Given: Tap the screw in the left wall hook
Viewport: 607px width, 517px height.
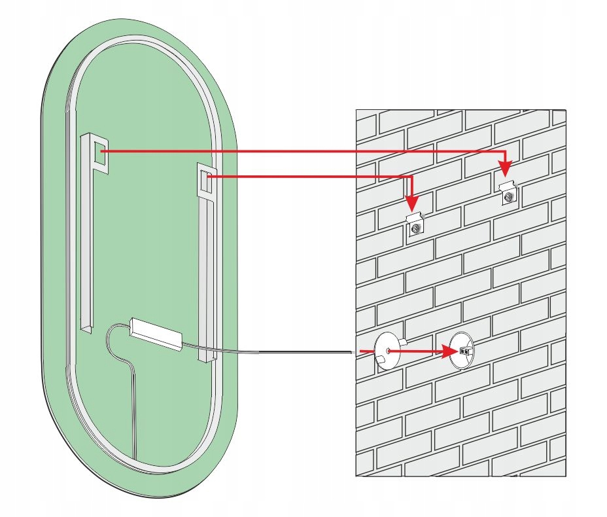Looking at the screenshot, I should click(415, 229).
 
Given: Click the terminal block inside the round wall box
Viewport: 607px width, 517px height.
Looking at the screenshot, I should click(466, 351).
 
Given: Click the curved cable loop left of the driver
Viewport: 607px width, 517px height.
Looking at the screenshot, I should click(110, 340).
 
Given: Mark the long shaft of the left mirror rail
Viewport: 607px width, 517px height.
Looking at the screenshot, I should click(86, 249).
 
